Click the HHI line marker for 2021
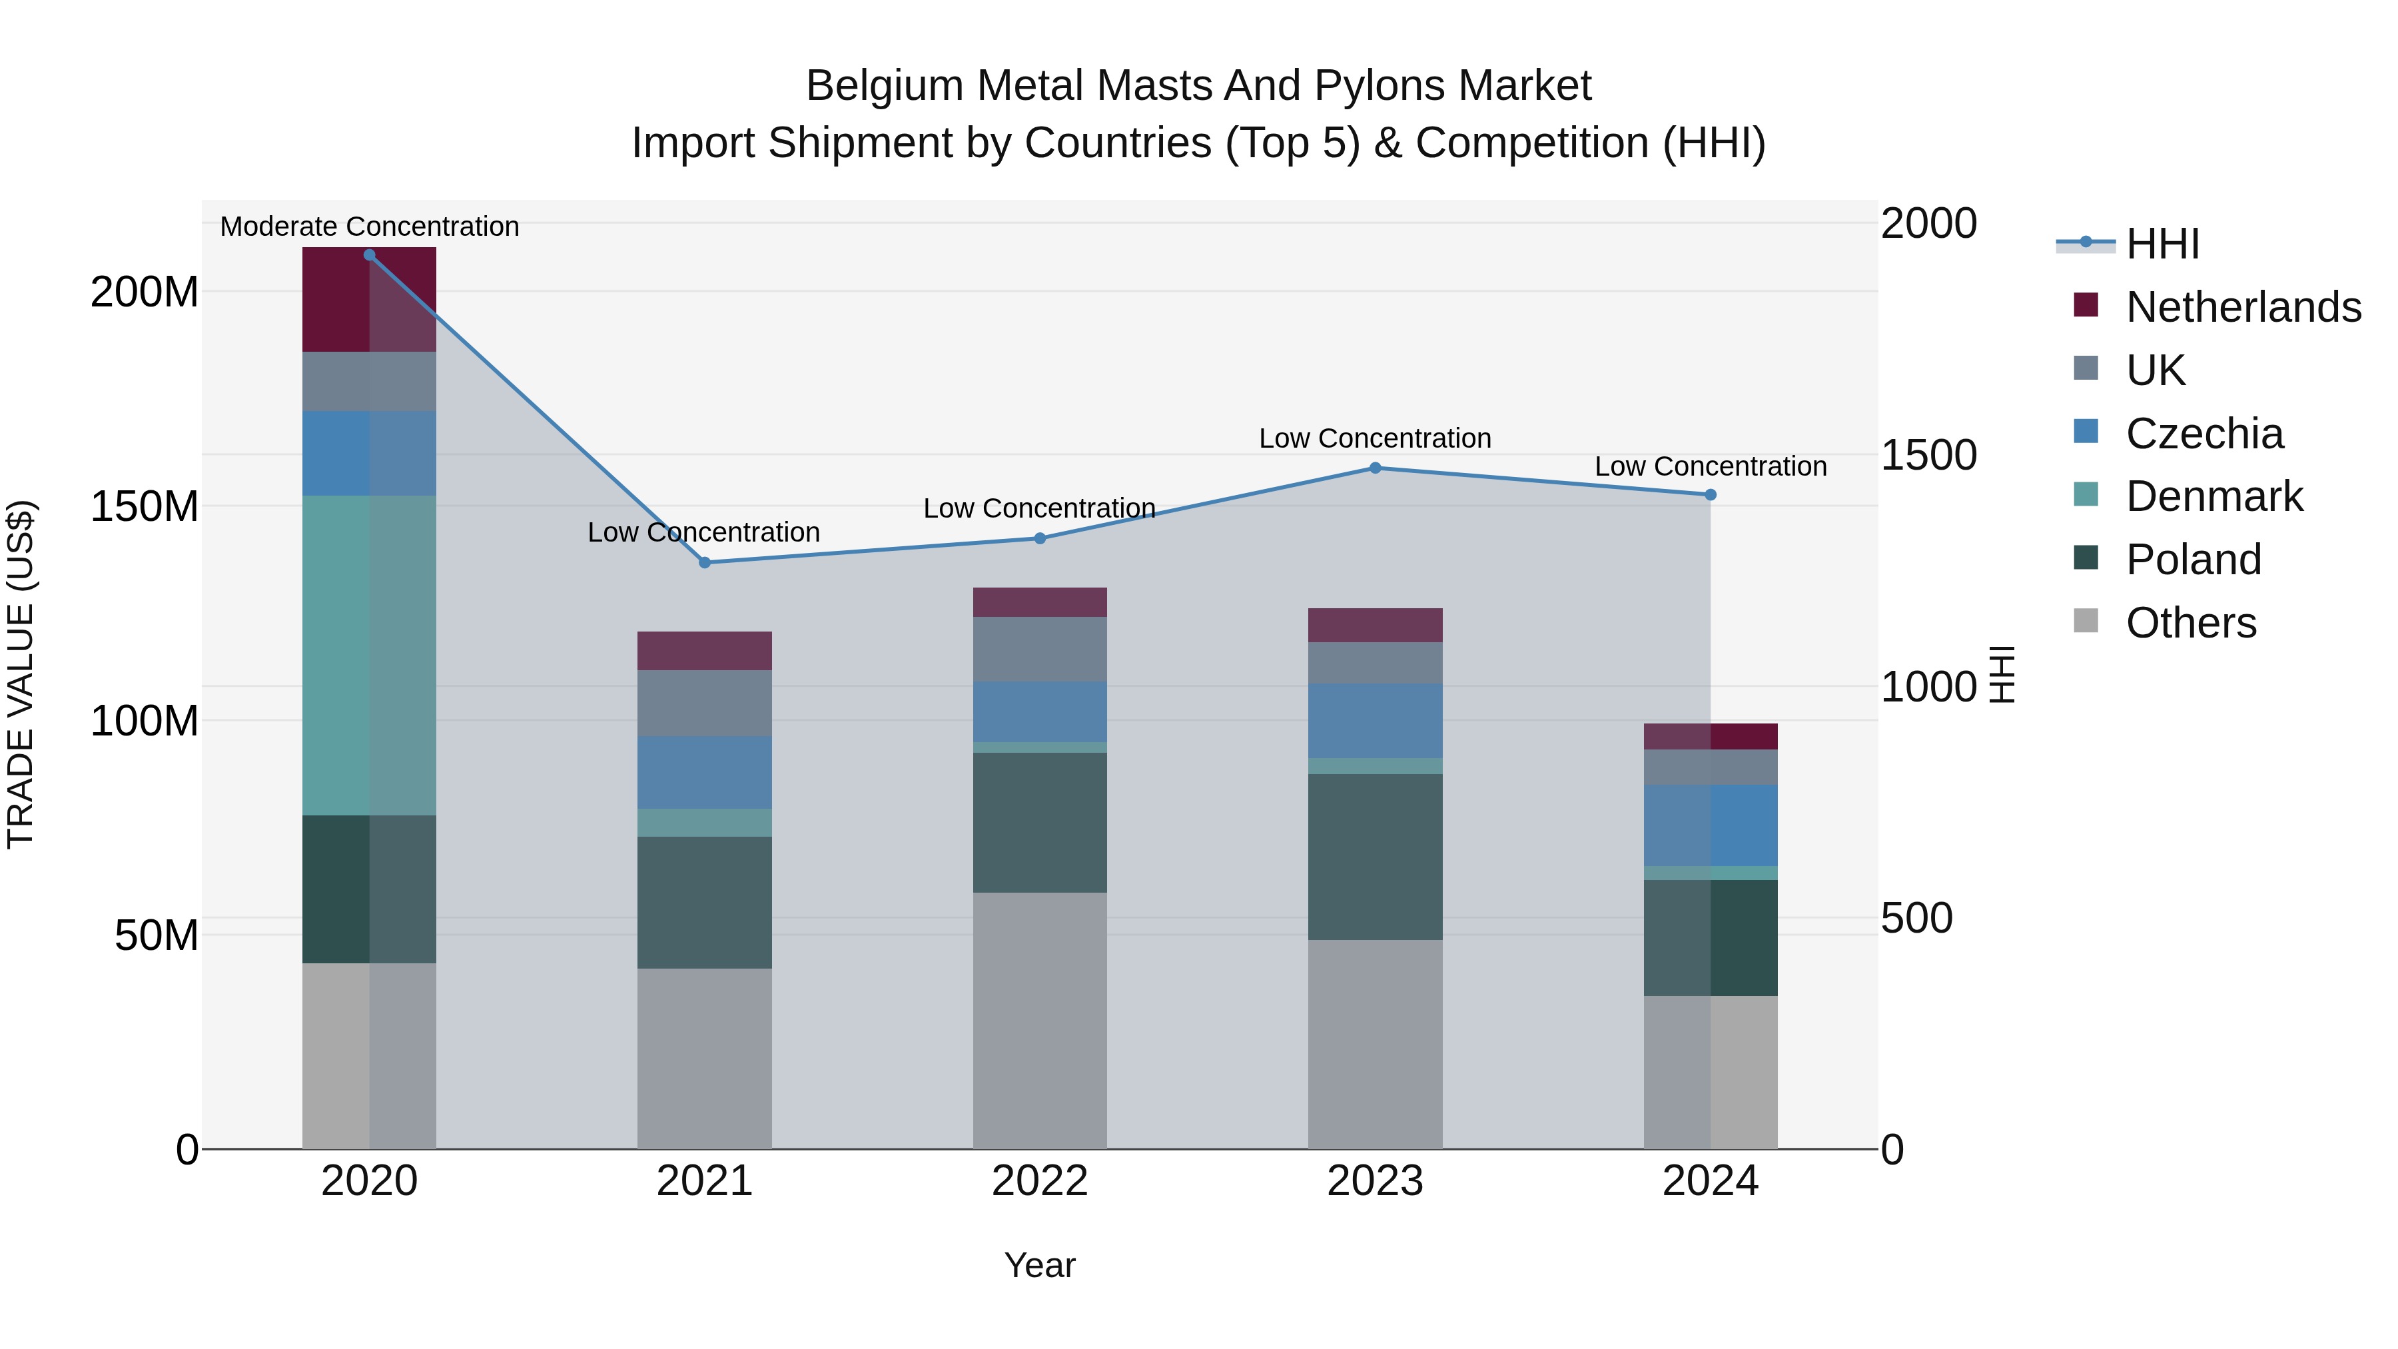coord(705,562)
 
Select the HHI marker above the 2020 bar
coord(370,255)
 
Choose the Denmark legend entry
coord(2213,496)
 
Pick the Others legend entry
coord(2190,623)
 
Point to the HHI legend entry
coord(2162,244)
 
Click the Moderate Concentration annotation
coord(370,226)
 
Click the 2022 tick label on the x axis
coord(1040,1181)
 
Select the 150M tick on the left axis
coord(145,506)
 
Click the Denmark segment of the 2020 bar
coord(370,656)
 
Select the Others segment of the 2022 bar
coord(1040,1021)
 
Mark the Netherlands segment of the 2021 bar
coord(705,651)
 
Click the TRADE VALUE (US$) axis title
coord(21,674)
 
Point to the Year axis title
coord(1040,1265)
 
